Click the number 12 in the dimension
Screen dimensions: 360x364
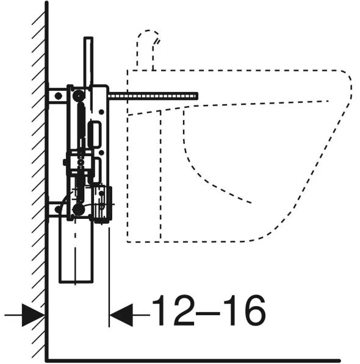(173, 310)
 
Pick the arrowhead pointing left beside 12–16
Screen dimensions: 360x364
(121, 315)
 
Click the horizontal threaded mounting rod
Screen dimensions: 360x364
(153, 96)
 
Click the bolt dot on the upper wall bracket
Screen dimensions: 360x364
(58, 96)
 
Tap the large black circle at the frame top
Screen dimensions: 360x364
(79, 96)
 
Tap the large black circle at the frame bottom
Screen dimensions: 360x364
(79, 210)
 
